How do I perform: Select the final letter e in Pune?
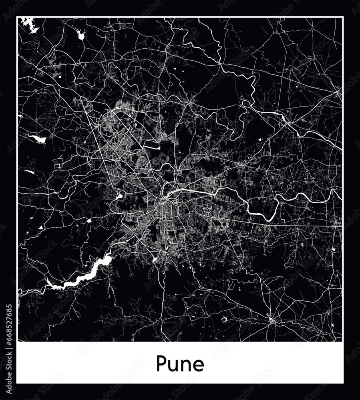pyautogui.click(x=198, y=365)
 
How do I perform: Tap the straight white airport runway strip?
pyautogui.click(x=152, y=147)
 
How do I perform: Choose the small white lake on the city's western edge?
pyautogui.click(x=119, y=197)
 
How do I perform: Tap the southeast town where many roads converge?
pyautogui.click(x=271, y=320)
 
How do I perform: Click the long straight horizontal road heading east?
pyautogui.click(x=280, y=222)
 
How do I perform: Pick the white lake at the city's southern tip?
pyautogui.click(x=155, y=260)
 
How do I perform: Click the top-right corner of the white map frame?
pyautogui.click(x=342, y=17)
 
